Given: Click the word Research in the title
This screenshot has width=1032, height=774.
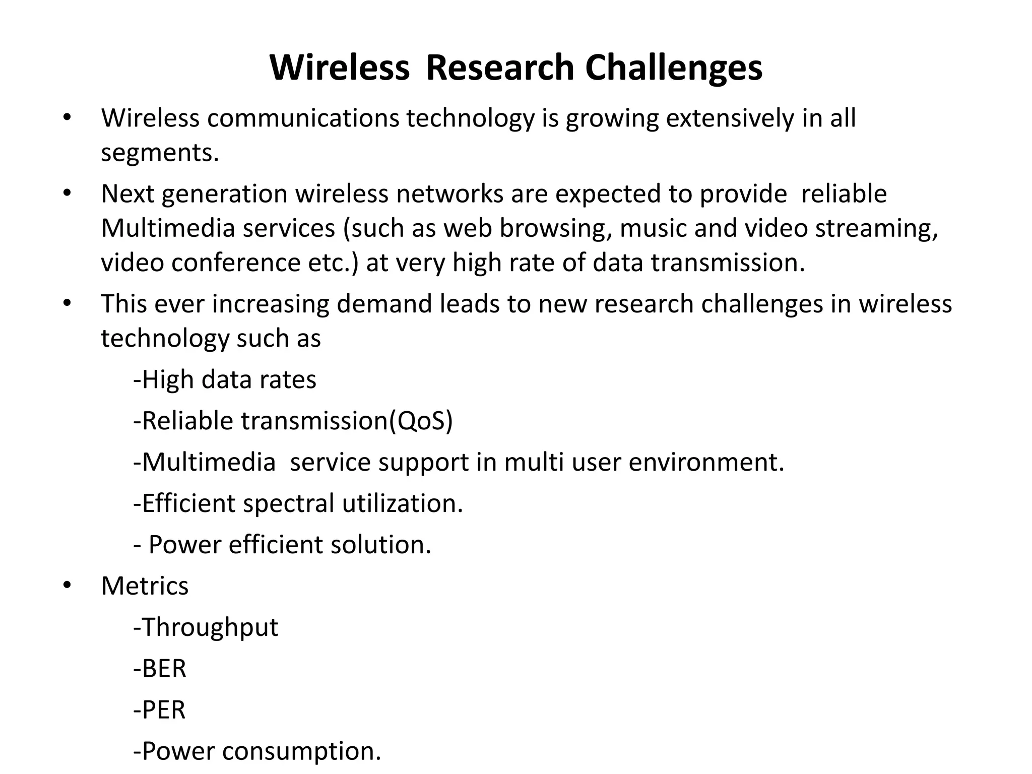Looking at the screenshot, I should click(499, 68).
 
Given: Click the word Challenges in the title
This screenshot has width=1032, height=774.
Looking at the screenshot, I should click(673, 68).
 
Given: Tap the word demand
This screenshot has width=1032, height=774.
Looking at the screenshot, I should click(384, 304).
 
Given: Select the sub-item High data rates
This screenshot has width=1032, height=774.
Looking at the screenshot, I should click(225, 379).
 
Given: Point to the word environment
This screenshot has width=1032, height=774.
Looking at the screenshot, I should click(705, 462).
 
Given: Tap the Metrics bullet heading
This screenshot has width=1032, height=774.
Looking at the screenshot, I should click(145, 586).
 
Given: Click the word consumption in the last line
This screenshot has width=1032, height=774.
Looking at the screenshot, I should click(301, 751).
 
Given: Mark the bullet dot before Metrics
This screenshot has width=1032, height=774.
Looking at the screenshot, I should click(68, 585).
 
